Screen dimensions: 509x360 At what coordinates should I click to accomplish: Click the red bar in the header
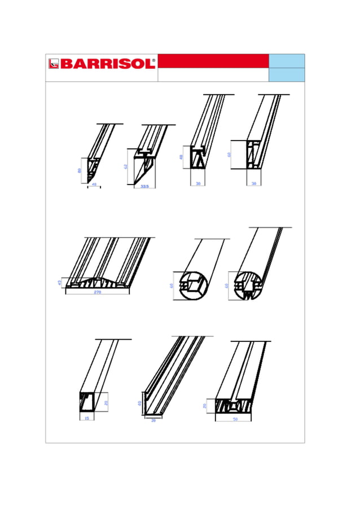tap(213, 61)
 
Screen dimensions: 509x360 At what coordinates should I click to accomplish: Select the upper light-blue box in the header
tap(287, 61)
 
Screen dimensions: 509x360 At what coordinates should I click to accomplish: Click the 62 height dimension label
tap(126, 166)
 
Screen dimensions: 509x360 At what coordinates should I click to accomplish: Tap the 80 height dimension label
tap(80, 170)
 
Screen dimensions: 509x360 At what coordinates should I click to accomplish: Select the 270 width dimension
tap(97, 292)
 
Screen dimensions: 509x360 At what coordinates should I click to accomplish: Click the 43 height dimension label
tap(60, 282)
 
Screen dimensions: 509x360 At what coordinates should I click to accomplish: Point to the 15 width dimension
tap(86, 418)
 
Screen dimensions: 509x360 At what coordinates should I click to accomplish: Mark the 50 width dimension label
tap(235, 419)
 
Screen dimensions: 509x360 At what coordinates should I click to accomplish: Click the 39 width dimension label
tap(153, 420)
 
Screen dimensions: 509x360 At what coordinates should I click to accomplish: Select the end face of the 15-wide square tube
tap(87, 403)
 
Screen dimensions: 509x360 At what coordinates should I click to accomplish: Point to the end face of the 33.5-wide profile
tap(142, 167)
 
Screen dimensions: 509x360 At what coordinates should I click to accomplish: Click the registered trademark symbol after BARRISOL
tap(153, 59)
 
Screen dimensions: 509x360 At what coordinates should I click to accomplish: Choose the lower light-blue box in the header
tap(287, 74)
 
